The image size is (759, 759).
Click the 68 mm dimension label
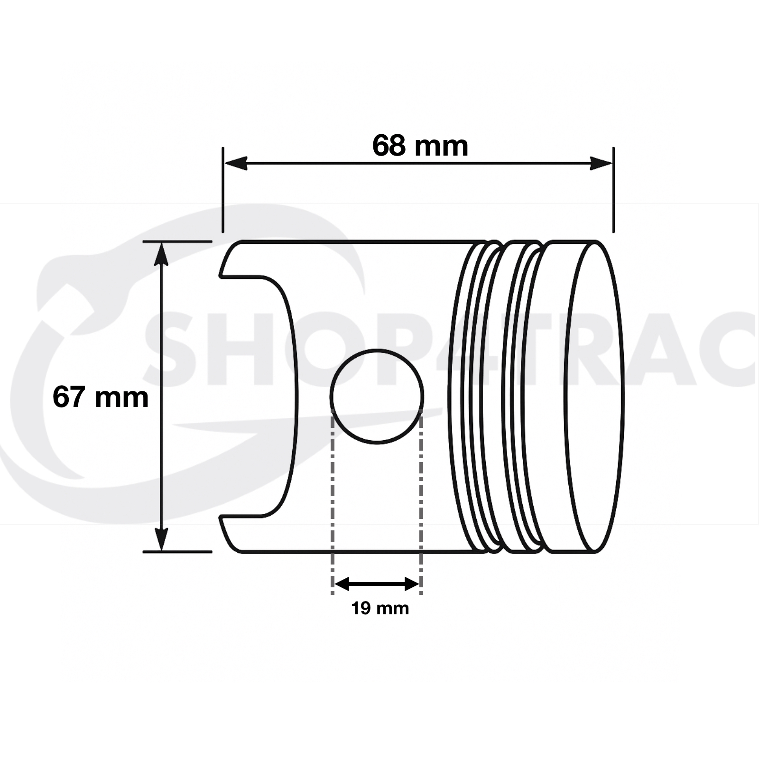420,146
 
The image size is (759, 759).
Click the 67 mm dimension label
101,397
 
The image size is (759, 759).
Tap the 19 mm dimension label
380,608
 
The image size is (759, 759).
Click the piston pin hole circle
377,350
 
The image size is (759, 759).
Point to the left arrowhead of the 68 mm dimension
236,163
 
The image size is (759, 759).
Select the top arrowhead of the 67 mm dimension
162,253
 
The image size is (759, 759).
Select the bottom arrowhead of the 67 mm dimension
162,539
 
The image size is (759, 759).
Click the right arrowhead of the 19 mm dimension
412,584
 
